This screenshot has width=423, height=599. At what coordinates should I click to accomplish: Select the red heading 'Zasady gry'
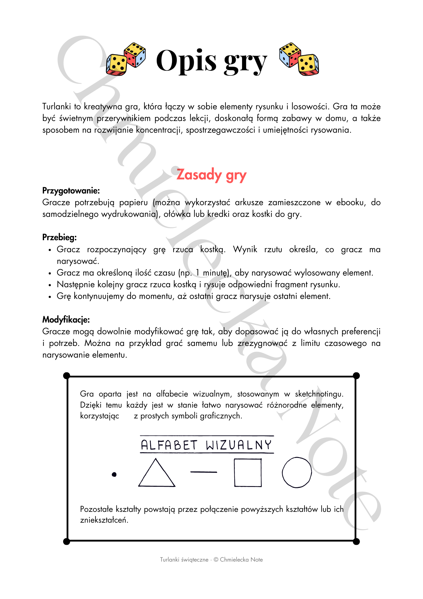[x=211, y=175]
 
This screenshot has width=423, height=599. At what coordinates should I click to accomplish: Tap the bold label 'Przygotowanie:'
[x=71, y=190]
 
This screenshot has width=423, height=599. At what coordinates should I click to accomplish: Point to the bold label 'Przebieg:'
[x=60, y=237]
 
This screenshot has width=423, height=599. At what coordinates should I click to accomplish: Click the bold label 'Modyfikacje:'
[x=66, y=320]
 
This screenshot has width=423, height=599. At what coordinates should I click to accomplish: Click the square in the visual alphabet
[x=248, y=473]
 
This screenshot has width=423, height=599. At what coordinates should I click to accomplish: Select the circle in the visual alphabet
[x=297, y=472]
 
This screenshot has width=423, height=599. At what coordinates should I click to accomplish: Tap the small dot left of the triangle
[x=114, y=474]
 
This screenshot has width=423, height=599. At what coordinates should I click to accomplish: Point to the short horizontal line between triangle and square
[x=204, y=472]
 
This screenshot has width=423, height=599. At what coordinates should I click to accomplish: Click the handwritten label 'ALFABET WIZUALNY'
[x=206, y=445]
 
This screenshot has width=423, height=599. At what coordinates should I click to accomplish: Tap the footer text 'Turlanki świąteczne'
[x=184, y=559]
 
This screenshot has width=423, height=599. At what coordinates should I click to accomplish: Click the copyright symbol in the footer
[x=216, y=559]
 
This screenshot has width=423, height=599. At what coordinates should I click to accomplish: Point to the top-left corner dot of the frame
[x=67, y=376]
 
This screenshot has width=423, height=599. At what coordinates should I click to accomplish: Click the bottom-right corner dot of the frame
[x=356, y=541]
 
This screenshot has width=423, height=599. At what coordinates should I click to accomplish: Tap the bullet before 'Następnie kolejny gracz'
[x=50, y=285]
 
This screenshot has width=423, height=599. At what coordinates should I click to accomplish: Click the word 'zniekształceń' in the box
[x=104, y=520]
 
